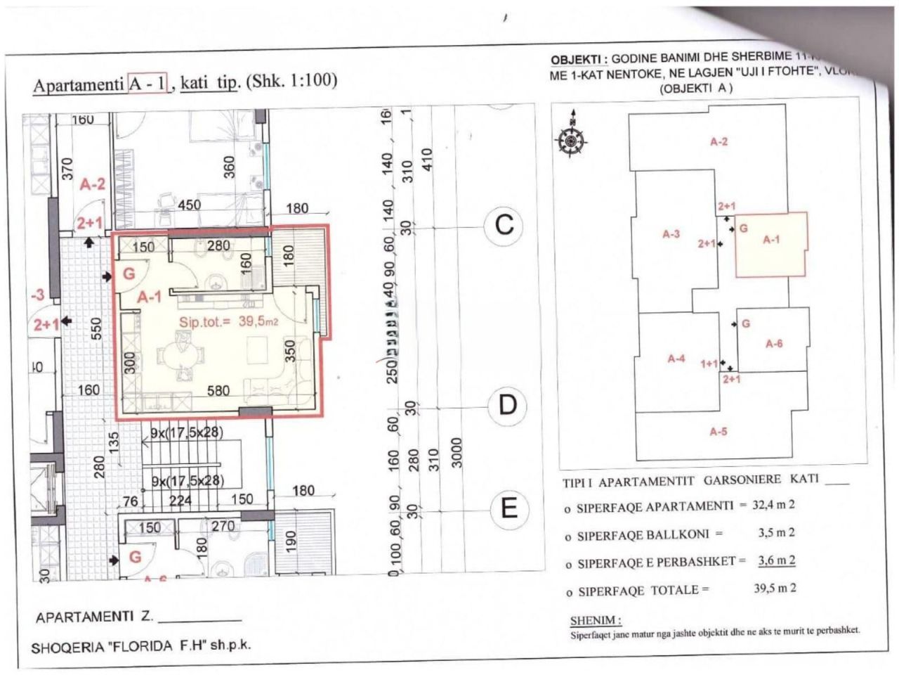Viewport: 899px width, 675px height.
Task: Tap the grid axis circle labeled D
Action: (507, 405)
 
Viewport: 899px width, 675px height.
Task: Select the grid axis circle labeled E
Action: (509, 507)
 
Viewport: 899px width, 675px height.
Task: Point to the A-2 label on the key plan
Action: (718, 142)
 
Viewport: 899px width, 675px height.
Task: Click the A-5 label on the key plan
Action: (718, 432)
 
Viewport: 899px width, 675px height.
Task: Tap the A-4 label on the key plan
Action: (676, 359)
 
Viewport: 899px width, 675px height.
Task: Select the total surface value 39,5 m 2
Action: (775, 589)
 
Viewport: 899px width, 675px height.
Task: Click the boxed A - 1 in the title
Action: (148, 83)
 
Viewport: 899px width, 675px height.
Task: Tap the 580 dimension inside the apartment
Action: (218, 390)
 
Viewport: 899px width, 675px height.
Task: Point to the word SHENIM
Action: (595, 621)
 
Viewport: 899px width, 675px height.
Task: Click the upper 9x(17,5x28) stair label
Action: (187, 434)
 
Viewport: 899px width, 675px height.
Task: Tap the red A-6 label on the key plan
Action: (774, 344)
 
